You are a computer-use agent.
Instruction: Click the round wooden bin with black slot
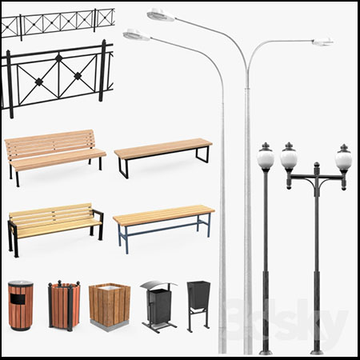[21, 305]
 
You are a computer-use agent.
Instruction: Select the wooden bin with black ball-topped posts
[64, 306]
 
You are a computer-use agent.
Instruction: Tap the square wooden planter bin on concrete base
[110, 307]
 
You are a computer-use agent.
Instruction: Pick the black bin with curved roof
[159, 306]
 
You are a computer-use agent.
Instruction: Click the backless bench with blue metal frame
[164, 227]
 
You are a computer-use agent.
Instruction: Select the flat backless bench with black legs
[163, 157]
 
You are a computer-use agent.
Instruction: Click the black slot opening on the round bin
[18, 299]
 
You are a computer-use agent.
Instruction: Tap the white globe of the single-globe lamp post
[266, 159]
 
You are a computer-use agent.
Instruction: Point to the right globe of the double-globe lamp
[344, 160]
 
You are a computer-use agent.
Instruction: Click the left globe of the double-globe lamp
[289, 158]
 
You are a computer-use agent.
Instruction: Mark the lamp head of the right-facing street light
[323, 42]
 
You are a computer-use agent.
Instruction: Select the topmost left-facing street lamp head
[161, 14]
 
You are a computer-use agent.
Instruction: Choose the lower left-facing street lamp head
[136, 35]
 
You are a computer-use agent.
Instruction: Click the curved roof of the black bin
[159, 285]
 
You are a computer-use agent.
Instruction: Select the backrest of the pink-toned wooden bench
[50, 144]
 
